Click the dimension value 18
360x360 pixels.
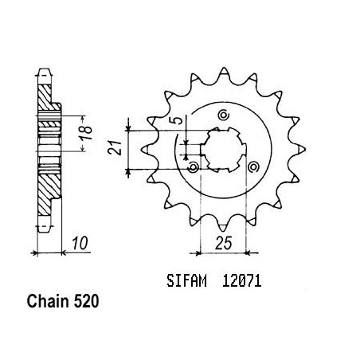coord(87,133)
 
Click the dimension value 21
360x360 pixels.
coord(115,148)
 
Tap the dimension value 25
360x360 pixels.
coord(224,243)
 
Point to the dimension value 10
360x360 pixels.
coord(80,243)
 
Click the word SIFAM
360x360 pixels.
coord(186,281)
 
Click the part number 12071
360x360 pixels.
coord(242,281)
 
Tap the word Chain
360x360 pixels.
coord(48,302)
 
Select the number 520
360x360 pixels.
coord(86,302)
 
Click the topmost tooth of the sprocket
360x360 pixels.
coord(224,72)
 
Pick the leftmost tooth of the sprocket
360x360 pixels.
coord(147,149)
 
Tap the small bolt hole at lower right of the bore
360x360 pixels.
coord(253,166)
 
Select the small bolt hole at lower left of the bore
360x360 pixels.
coord(194,167)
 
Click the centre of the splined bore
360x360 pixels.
coord(224,150)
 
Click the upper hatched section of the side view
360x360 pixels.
coord(45,98)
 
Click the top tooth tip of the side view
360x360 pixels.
coord(44,72)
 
